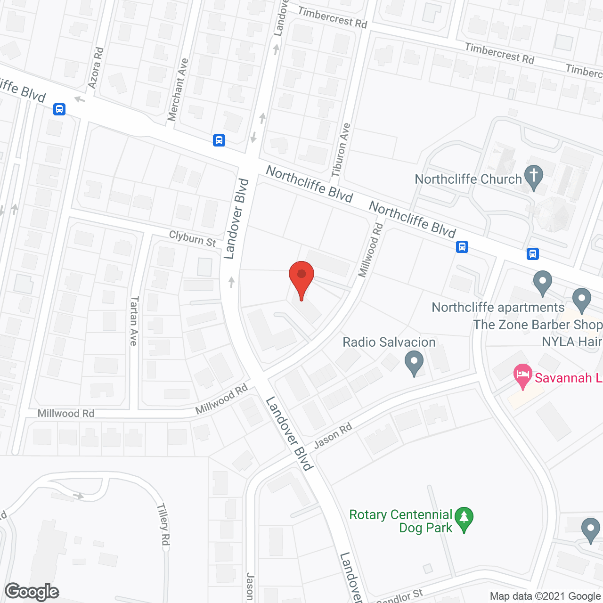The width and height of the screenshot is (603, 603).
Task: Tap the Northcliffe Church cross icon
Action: (533, 176)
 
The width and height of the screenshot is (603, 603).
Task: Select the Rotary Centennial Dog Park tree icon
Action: (464, 518)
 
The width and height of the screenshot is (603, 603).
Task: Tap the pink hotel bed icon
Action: (523, 375)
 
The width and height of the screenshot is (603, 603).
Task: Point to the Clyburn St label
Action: (192, 238)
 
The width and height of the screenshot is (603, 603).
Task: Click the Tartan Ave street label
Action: (134, 321)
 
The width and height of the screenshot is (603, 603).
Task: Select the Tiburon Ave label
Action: (341, 150)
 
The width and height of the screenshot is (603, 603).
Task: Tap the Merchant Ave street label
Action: (178, 89)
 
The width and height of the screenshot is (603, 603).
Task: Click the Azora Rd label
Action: (96, 67)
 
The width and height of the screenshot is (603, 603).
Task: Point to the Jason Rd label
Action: (333, 436)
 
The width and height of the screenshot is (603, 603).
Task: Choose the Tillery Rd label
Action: (163, 524)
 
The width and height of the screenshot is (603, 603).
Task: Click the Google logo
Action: (32, 592)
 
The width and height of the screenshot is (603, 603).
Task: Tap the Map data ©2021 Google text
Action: (545, 596)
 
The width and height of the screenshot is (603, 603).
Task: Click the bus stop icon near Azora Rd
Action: (59, 109)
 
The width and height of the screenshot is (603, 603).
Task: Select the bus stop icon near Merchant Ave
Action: (219, 140)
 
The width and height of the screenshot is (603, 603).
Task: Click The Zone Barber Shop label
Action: (538, 325)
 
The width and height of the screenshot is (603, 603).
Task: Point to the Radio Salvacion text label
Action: (389, 342)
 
